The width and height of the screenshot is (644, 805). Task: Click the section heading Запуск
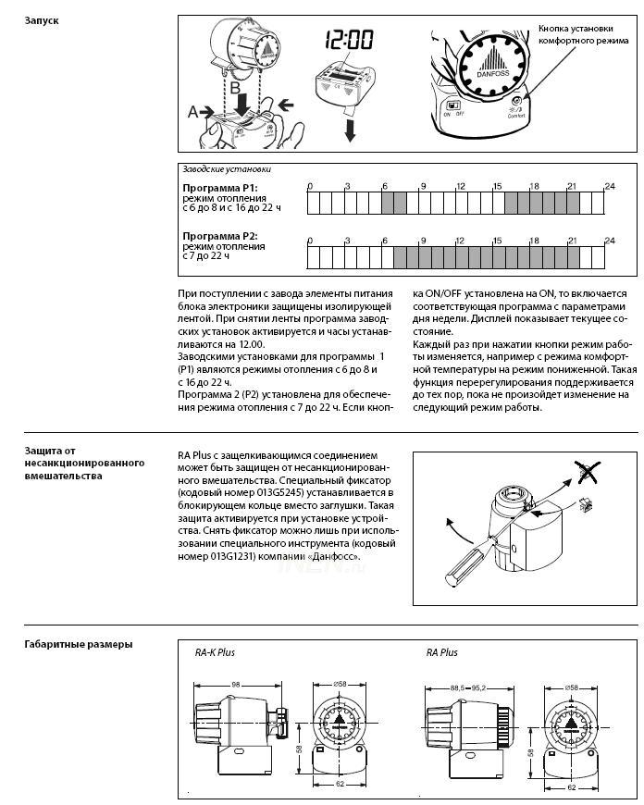pyautogui.click(x=43, y=19)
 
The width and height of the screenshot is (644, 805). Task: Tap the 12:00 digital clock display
pyautogui.click(x=348, y=41)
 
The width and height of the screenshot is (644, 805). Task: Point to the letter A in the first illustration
pyautogui.click(x=192, y=111)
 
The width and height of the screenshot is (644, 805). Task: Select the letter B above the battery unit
pyautogui.click(x=237, y=85)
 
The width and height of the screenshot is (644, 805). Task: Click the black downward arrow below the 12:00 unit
pyautogui.click(x=350, y=130)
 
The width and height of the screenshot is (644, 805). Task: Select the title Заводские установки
pyautogui.click(x=227, y=169)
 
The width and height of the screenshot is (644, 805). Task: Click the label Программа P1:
pyautogui.click(x=219, y=188)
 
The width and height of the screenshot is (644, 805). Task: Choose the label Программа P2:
pyautogui.click(x=219, y=237)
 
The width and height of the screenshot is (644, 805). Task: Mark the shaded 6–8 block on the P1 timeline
pyautogui.click(x=393, y=203)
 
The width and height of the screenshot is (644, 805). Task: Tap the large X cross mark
pyautogui.click(x=585, y=475)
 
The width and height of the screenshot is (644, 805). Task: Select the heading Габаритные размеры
pyautogui.click(x=78, y=644)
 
